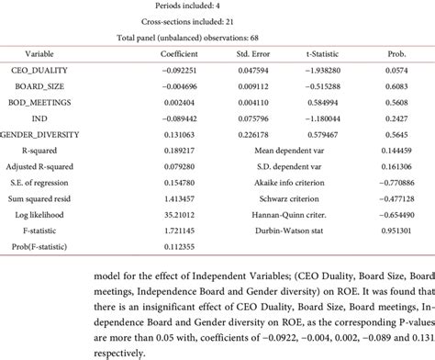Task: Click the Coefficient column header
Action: pyautogui.click(x=182, y=53)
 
